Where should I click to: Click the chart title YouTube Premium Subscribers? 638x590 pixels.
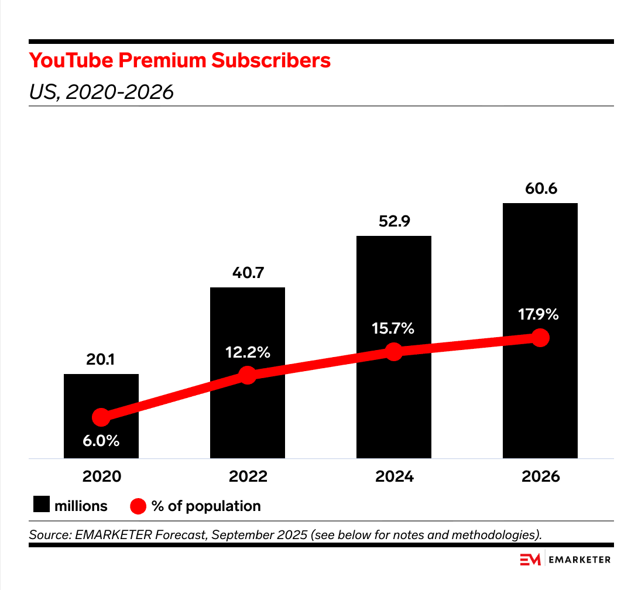click(180, 60)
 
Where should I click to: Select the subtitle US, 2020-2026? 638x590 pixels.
click(101, 92)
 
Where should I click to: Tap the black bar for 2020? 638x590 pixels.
click(101, 392)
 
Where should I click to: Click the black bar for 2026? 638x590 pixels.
click(540, 263)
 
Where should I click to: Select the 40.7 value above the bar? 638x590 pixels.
click(248, 274)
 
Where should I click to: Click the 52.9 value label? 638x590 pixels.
click(394, 222)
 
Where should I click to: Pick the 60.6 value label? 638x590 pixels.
click(540, 190)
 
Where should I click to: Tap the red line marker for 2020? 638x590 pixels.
click(101, 417)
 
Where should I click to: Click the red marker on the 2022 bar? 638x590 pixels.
click(248, 375)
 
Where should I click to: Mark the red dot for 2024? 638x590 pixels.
click(394, 352)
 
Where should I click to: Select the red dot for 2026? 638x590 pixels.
click(540, 338)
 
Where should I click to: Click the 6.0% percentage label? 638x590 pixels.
click(101, 441)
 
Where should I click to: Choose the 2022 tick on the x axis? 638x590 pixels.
click(248, 476)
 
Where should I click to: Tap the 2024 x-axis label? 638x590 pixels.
click(394, 476)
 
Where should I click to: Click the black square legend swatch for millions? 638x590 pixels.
click(41, 505)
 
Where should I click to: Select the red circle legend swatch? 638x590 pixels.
click(138, 506)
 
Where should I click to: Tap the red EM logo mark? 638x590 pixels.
click(530, 560)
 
